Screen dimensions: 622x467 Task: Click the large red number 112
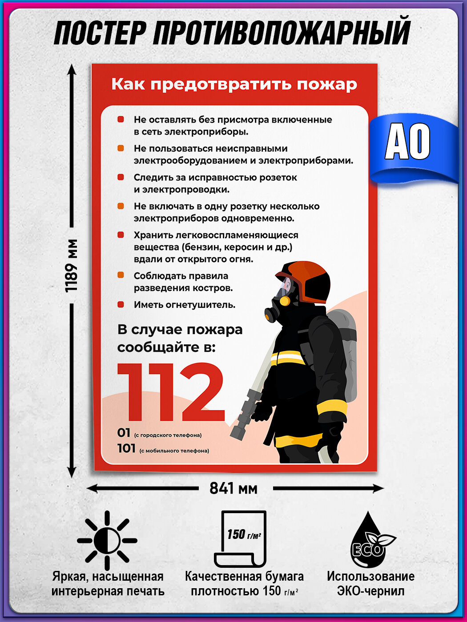171,393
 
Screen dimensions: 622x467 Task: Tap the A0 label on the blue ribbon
407,142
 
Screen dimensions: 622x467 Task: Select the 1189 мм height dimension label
71,266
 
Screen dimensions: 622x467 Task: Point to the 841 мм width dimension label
233,488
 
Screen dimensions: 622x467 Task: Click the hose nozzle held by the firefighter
244,414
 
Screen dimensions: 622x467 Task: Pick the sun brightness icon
107,540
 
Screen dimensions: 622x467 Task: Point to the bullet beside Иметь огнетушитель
121,305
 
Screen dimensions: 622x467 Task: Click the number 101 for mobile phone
126,448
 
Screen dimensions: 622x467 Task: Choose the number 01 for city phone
124,433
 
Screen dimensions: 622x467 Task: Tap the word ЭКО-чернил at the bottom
370,591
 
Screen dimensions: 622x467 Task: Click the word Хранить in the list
152,235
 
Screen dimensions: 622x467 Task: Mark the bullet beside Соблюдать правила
121,275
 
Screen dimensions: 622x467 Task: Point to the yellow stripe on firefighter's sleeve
332,407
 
